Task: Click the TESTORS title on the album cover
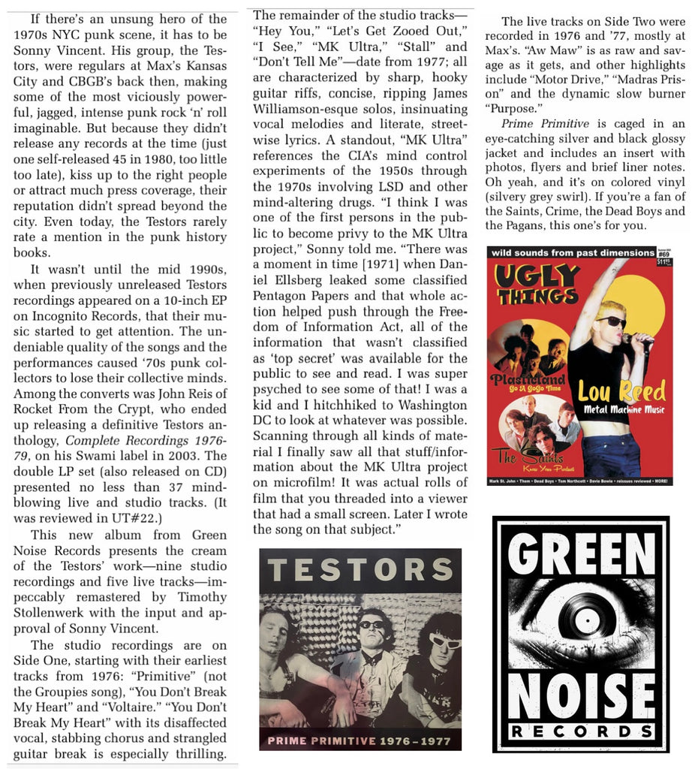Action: (x=360, y=571)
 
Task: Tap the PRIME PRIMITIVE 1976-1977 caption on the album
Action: (x=360, y=741)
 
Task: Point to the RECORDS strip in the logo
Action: (x=579, y=731)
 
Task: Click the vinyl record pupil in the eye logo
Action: (x=582, y=620)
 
